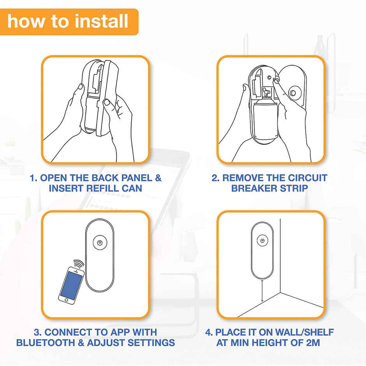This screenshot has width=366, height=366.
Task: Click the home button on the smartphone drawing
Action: pyautogui.click(x=67, y=300)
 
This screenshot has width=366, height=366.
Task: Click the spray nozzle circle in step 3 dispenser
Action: pyautogui.click(x=100, y=243)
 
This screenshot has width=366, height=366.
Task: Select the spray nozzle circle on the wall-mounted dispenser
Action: pyautogui.click(x=262, y=240)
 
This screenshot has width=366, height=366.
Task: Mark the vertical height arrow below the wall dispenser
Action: pyautogui.click(x=262, y=291)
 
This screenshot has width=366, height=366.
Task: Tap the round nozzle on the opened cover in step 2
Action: pyautogui.click(x=293, y=93)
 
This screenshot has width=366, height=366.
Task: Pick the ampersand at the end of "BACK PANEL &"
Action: pyautogui.click(x=158, y=178)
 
